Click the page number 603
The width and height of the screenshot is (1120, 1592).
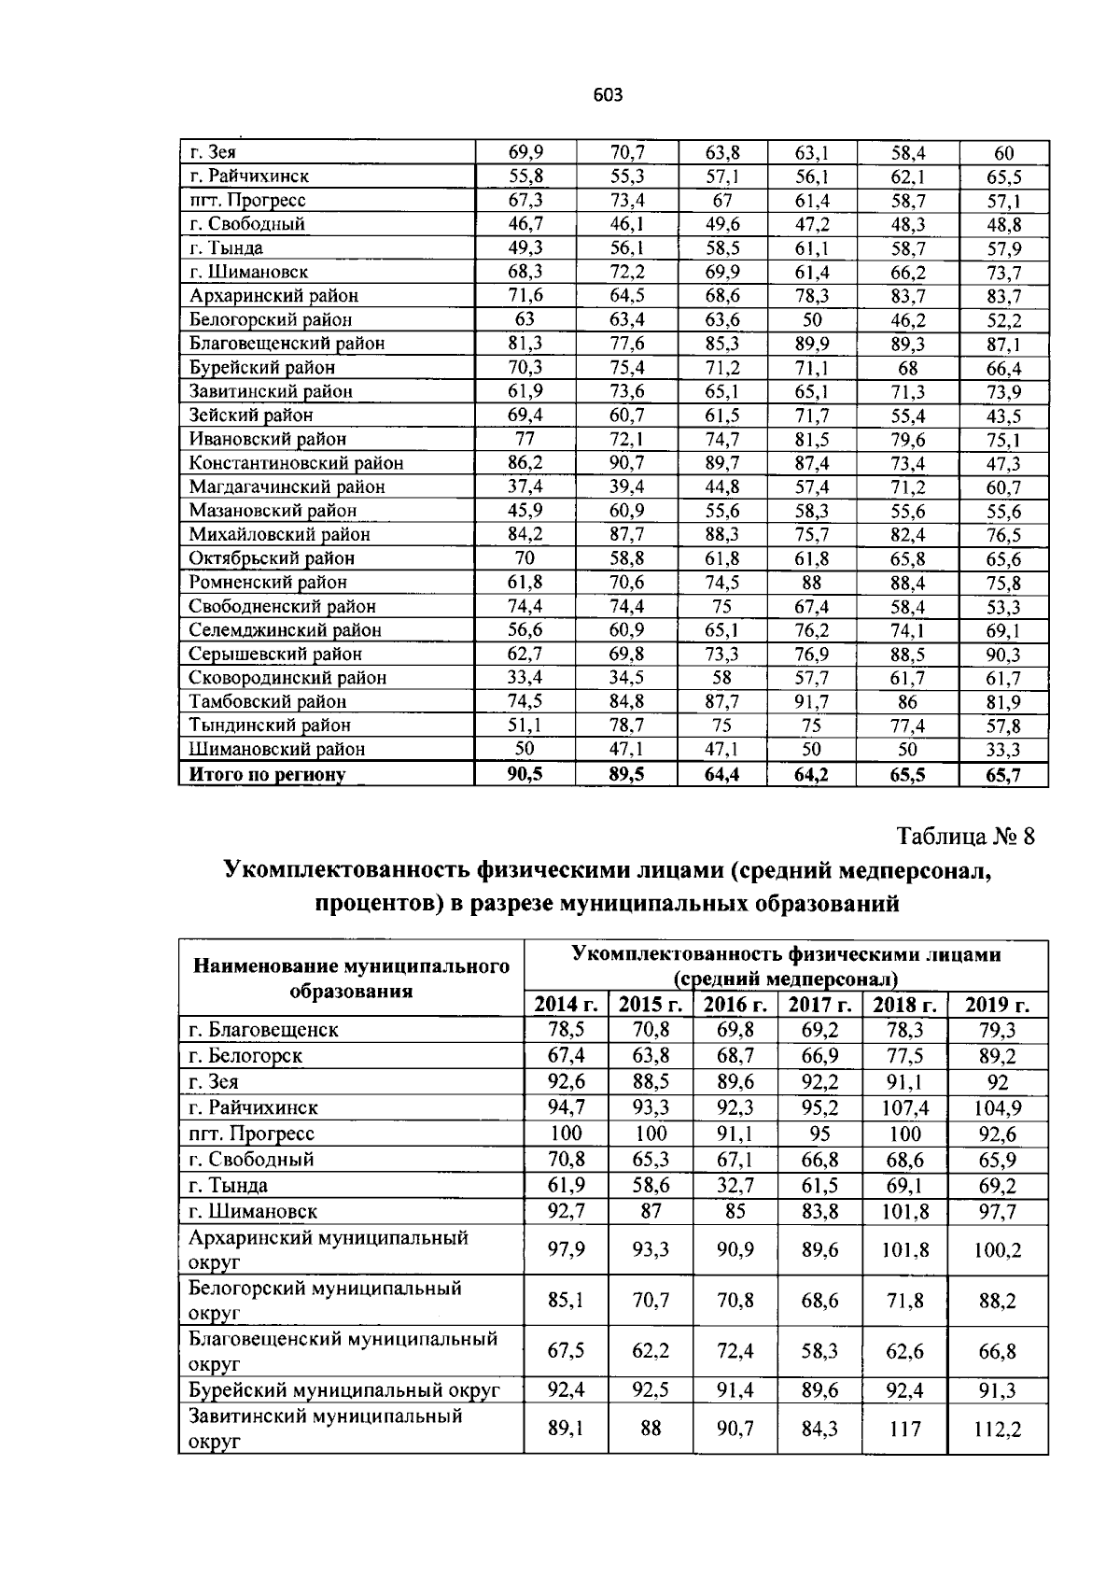point(607,94)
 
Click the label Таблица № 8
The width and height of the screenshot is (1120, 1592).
point(966,836)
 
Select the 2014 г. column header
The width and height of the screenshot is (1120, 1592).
point(566,1005)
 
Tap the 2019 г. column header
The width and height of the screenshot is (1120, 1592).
point(997,1005)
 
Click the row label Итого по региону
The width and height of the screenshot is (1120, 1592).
point(267,774)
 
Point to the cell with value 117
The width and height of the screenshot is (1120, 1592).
point(905,1429)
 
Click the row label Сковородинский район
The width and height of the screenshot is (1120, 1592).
point(287,678)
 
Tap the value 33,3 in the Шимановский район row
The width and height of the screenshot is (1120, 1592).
point(1003,750)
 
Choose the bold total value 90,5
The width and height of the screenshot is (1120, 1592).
point(525,774)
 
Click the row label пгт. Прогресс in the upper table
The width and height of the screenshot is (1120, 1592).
point(247,200)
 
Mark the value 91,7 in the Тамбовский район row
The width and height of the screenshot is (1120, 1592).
point(811,701)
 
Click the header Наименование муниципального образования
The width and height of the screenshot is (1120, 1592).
point(351,978)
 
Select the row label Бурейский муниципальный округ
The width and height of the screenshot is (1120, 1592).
point(344,1390)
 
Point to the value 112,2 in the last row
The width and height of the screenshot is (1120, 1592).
point(997,1429)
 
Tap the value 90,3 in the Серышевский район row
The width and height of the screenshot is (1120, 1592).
point(1003,655)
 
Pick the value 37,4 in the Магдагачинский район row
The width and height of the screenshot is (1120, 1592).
point(525,486)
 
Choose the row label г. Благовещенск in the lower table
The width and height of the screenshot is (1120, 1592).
point(263,1030)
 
